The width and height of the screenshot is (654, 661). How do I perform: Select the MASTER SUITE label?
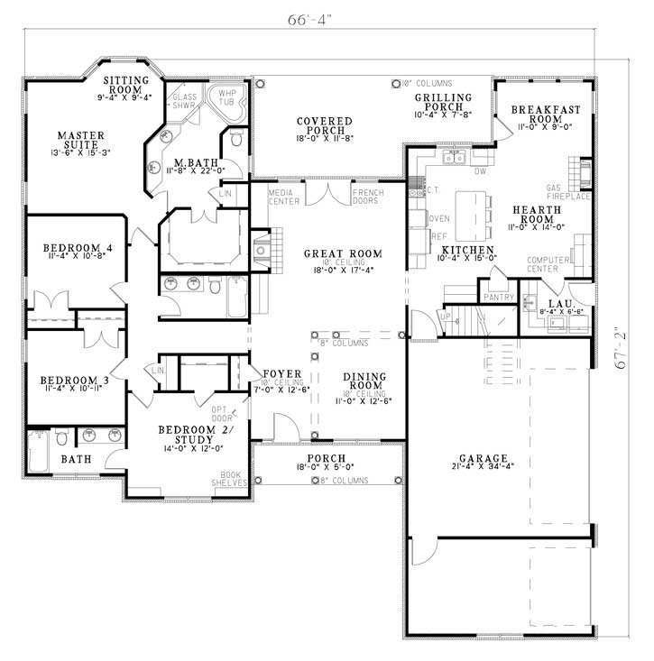(81, 141)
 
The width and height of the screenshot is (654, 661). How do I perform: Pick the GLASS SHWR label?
(184, 101)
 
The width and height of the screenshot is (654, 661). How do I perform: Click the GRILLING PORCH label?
(443, 103)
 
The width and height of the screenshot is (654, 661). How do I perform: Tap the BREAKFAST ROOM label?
(545, 115)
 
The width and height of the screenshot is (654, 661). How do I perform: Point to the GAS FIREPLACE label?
(568, 192)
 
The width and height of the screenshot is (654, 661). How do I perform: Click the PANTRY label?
(498, 297)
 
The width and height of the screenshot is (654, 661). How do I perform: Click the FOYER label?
(276, 373)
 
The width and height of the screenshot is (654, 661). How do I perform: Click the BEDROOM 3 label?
(69, 382)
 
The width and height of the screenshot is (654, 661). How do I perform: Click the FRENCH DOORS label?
(367, 197)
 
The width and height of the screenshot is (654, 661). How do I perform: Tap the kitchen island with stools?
(471, 214)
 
